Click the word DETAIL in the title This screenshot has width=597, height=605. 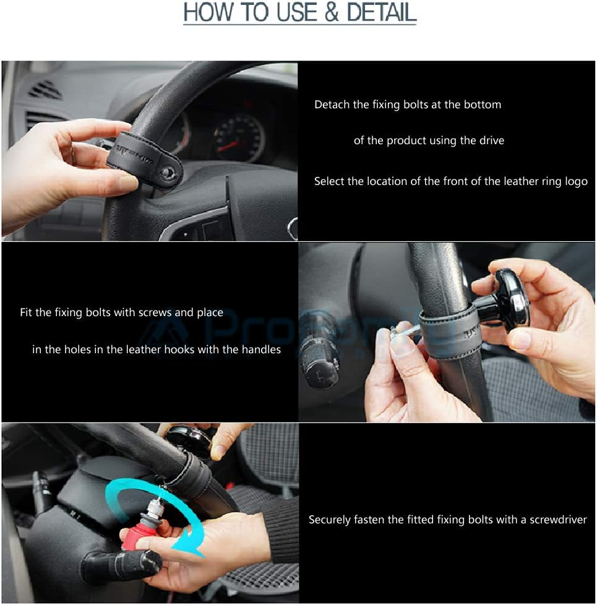(380, 13)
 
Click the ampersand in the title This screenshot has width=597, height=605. (332, 13)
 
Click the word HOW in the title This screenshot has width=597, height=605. (206, 13)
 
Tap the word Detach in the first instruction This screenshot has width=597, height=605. (332, 105)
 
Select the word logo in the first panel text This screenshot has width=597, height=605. (576, 181)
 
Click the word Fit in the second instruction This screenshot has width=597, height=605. (26, 312)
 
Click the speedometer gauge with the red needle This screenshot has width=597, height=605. (238, 139)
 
